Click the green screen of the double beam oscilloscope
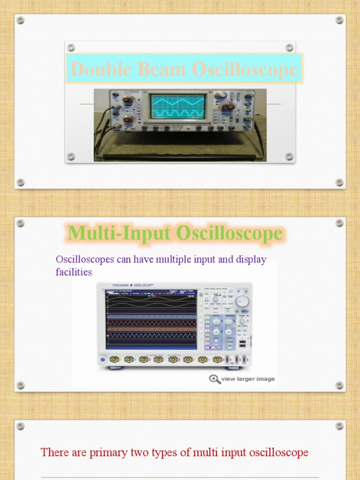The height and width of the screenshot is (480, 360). pos(177,106)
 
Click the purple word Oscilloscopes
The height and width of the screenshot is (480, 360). pos(85,259)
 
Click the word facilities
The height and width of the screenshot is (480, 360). pos(74,272)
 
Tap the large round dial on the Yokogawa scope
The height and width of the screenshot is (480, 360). pos(242,301)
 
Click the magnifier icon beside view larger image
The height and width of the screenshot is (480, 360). pos(215,379)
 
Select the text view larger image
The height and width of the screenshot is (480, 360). pos(248,379)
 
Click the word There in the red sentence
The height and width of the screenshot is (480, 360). pos(51,452)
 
